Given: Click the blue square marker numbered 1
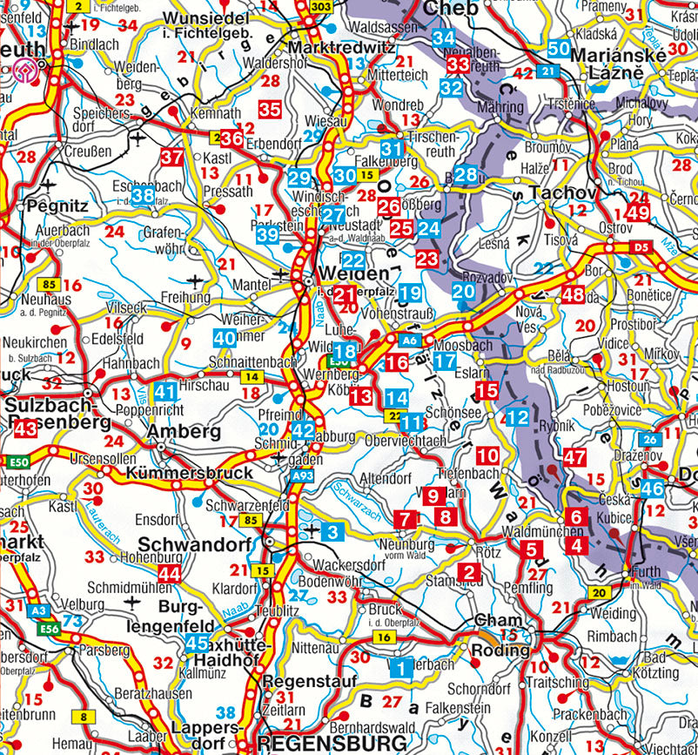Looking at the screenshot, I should (401, 669).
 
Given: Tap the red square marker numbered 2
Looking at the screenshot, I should (470, 572).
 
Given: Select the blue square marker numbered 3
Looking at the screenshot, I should (332, 530).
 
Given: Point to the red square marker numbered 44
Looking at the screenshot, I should (170, 574).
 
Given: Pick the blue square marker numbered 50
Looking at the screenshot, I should (559, 50).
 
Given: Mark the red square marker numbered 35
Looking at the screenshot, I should (270, 110).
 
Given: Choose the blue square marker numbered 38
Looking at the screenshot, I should (143, 195).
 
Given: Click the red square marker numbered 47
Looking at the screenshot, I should (574, 457).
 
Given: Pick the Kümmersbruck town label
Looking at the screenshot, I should (190, 473).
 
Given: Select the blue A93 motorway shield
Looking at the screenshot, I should (302, 476).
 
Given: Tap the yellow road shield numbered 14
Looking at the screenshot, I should (252, 376).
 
